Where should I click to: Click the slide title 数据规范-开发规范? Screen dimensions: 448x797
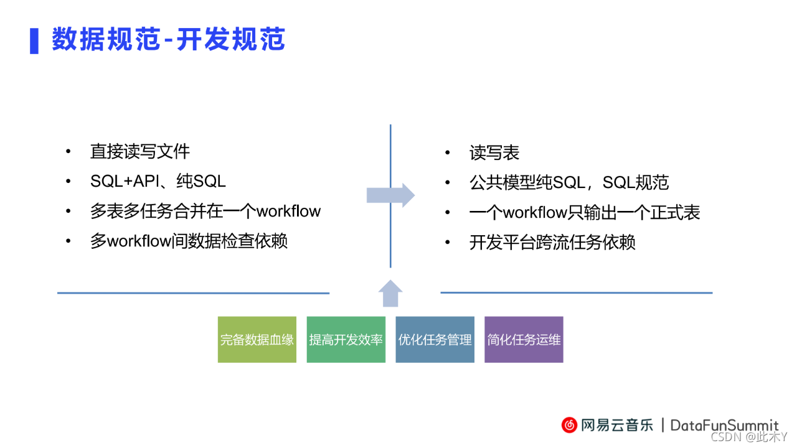(169, 40)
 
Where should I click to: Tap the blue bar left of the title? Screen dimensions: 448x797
(34, 40)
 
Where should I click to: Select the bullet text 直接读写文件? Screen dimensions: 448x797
(140, 151)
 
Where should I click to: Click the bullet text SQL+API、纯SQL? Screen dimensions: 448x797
(158, 181)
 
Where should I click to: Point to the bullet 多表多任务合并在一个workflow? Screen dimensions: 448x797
(205, 211)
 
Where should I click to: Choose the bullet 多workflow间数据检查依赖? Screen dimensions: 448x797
(189, 241)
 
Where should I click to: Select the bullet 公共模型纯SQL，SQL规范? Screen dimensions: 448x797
(569, 182)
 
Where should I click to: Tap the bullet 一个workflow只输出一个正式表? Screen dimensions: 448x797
(585, 212)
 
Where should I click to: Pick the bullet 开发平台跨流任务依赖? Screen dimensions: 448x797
(552, 242)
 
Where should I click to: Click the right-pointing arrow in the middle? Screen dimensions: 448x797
(390, 195)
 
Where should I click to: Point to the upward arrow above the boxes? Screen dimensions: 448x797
(390, 294)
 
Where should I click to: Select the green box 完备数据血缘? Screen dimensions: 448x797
(257, 340)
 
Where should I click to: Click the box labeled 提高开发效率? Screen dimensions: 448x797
(346, 340)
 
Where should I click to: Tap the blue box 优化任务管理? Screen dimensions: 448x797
(435, 340)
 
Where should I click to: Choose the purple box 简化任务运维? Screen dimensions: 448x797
(524, 340)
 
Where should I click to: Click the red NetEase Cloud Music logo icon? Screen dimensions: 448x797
(570, 425)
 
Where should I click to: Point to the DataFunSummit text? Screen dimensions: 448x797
(724, 425)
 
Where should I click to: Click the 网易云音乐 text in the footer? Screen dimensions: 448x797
(618, 425)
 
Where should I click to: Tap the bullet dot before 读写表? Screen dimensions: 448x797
(448, 153)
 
